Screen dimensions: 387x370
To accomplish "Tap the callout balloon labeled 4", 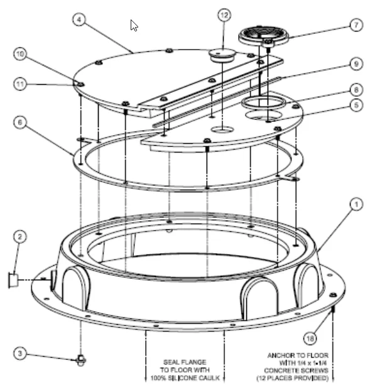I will coord(79,19).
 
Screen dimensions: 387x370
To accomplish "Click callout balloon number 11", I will coord(20,84).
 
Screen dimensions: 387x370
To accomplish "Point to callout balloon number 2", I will coord(20,236).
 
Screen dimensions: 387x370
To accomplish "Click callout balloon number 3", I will coord(20,354).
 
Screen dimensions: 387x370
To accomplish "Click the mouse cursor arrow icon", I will coord(134,25).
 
